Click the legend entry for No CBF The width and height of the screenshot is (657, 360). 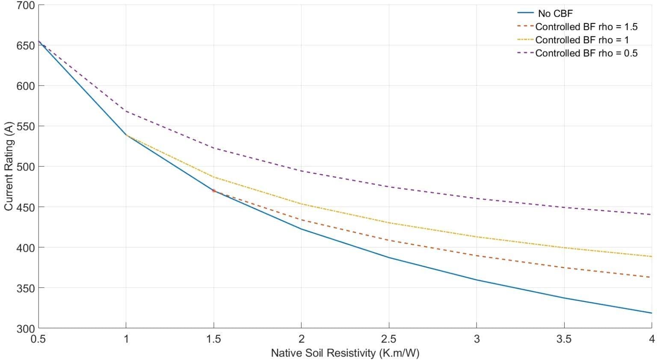coord(555,13)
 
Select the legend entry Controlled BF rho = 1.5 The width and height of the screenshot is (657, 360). coord(586,27)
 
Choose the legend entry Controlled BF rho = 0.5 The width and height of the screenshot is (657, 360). coord(586,53)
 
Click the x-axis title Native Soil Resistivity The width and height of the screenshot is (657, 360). coord(345,353)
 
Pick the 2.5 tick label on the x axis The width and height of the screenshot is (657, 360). coord(388,339)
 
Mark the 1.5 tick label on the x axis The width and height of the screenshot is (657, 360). coord(213,339)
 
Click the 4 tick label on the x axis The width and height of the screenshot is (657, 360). coord(651,339)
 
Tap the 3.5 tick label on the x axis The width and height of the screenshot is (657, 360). coord(564,339)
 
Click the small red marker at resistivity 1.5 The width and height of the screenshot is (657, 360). coord(213,190)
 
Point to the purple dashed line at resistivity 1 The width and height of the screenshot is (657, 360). coord(126,111)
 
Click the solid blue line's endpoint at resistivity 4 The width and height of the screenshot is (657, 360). coord(651,313)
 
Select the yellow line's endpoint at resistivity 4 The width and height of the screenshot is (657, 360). coord(651,257)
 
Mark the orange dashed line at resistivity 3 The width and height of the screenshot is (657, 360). coord(476,256)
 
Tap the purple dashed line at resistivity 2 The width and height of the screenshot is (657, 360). coord(301,171)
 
